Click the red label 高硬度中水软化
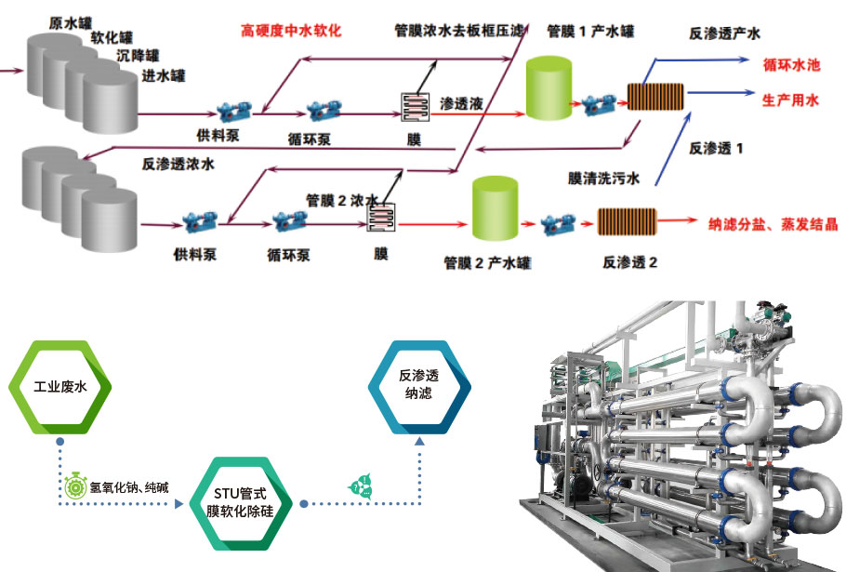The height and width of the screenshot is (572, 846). [290, 31]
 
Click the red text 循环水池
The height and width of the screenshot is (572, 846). [791, 66]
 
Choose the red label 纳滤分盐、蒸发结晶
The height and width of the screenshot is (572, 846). [773, 224]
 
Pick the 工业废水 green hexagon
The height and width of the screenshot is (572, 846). [60, 386]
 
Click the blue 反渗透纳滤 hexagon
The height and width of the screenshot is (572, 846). [418, 385]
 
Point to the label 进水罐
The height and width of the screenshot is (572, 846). [162, 74]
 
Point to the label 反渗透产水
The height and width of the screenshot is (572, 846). [724, 33]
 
